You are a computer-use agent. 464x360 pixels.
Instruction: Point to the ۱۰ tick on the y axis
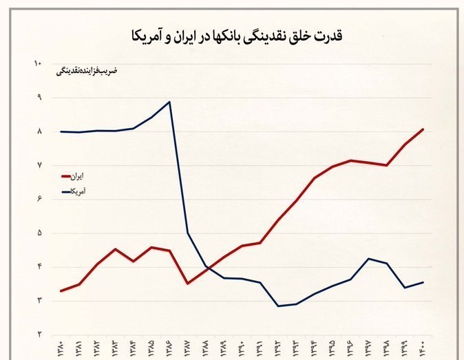tap(38, 64)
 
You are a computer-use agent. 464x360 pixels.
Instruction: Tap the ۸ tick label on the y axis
tap(39, 131)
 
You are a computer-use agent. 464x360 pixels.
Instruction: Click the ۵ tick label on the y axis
tap(39, 233)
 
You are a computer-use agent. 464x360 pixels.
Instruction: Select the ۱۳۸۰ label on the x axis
tap(62, 349)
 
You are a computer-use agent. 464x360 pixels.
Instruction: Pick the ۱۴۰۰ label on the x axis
tap(423, 349)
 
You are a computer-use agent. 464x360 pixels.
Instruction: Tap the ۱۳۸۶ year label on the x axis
tap(170, 349)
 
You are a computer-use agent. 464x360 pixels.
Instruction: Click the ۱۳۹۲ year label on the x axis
tap(278, 349)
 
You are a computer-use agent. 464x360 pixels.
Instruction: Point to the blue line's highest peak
tap(169, 102)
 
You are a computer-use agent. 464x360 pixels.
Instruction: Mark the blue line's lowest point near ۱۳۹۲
tap(277, 306)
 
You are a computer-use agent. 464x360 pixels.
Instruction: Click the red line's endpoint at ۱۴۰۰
tap(423, 129)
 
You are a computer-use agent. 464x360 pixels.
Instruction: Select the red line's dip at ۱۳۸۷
tap(187, 283)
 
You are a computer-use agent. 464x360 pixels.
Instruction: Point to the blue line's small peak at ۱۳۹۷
tap(368, 259)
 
